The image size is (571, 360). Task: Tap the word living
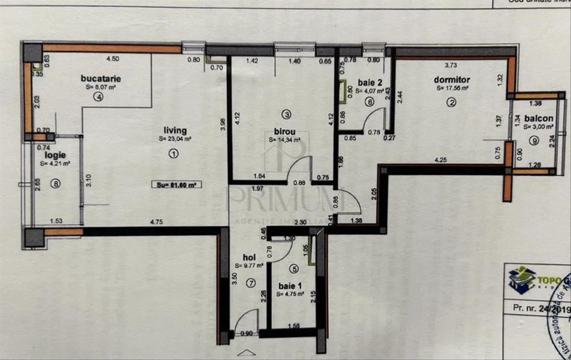coord(175,130)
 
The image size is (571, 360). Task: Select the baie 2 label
coord(367,82)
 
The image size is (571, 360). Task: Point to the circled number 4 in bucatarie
coord(98,97)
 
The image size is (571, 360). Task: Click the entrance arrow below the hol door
coord(246,352)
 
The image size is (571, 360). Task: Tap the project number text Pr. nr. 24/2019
coord(541,308)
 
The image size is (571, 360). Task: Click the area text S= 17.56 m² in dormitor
coord(452,88)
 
